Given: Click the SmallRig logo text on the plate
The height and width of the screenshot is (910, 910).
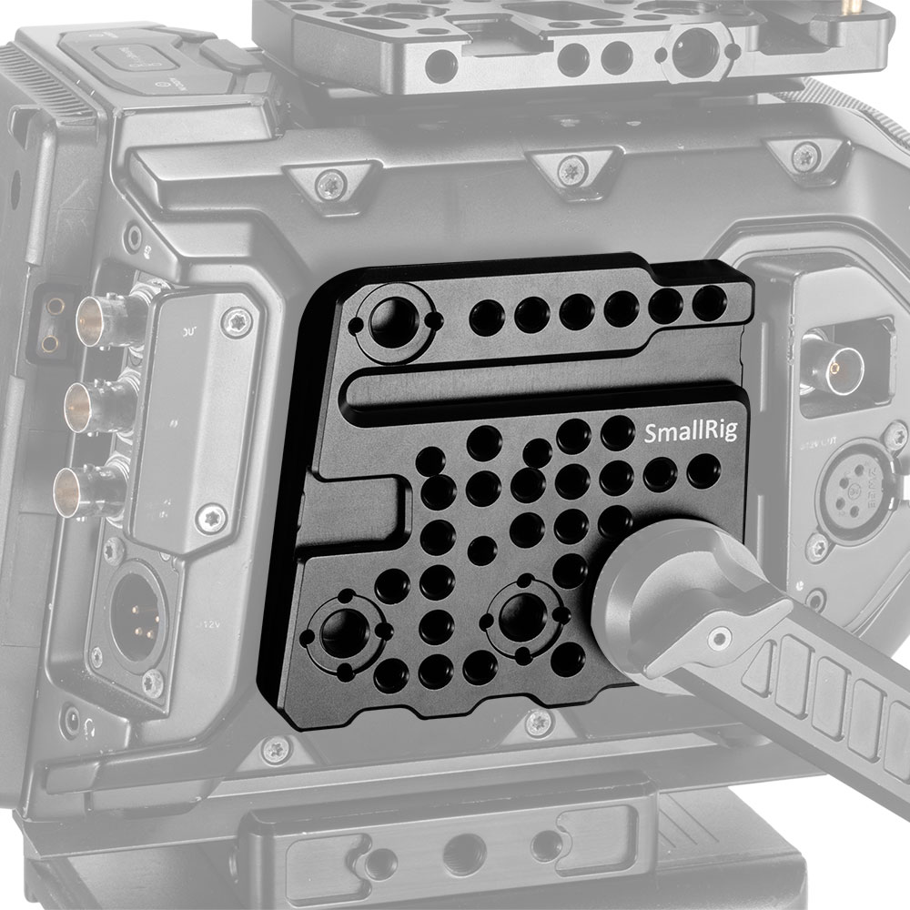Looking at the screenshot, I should point(683,431).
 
